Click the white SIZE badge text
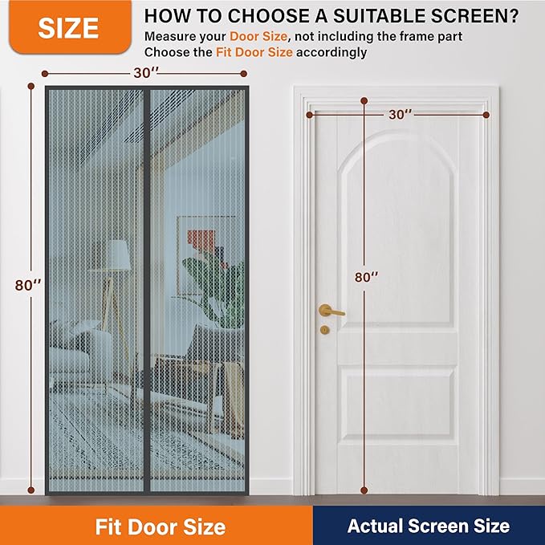pos(68,28)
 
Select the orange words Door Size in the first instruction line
pos(258,36)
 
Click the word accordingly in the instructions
pos(331,52)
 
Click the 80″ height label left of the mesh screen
pos(28,286)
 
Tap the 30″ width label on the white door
pos(401,114)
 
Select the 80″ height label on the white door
pos(366,277)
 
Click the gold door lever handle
pos(331,311)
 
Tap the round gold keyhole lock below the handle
pos(324,330)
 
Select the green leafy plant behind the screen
pos(214,287)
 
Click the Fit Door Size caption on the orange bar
pos(161,527)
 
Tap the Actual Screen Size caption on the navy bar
pos(429,526)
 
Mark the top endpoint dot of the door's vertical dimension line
pos(364,101)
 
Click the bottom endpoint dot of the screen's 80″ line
pos(31,490)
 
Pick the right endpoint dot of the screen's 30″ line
pos(244,74)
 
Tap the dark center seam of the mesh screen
pos(147,290)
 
